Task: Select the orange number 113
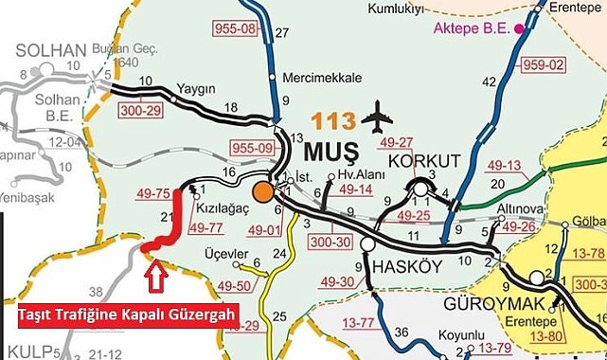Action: tap(337, 120)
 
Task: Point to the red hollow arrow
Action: tap(157, 276)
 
